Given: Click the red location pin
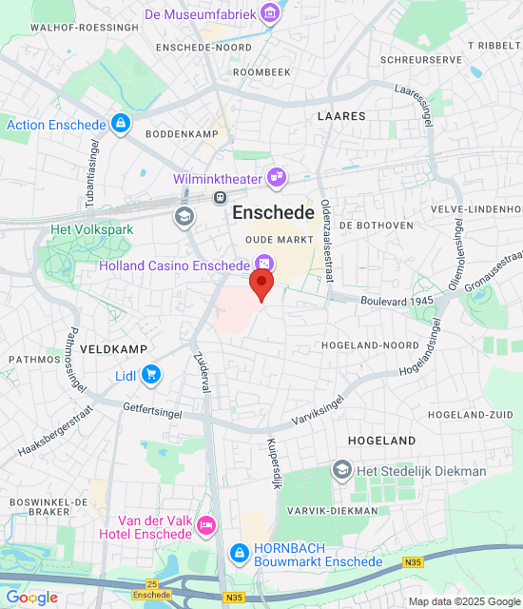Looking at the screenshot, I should point(261,285).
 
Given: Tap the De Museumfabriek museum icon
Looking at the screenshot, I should point(272,14).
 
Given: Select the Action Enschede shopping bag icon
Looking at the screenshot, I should point(120,124).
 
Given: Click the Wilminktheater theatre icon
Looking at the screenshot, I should point(277,177).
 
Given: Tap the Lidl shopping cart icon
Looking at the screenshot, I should point(150,375).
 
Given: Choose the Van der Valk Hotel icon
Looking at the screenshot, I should point(206,525).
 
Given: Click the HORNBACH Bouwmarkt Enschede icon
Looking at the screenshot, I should point(240,552).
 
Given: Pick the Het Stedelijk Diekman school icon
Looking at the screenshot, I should point(341,470).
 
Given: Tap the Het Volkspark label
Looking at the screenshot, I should point(91,229).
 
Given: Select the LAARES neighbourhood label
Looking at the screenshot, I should point(341,115).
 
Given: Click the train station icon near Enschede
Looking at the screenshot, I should point(220,197).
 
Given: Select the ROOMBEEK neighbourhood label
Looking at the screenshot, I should point(261,71).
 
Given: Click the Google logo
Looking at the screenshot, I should point(31,598).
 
